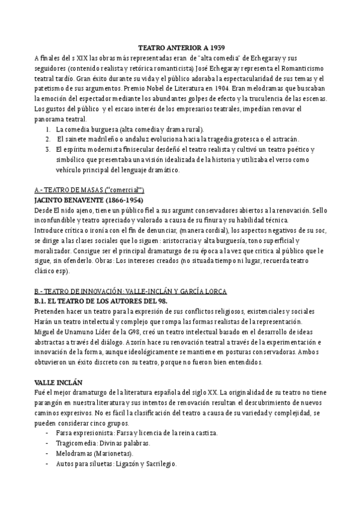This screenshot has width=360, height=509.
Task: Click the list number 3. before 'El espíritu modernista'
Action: pos(48,149)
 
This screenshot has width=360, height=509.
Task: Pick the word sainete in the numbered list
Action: pos(74,139)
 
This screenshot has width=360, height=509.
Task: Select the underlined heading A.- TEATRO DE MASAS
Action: pos(90,190)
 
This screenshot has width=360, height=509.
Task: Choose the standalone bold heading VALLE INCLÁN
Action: pos(59,382)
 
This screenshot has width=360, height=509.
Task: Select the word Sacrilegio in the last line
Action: pos(160,463)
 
